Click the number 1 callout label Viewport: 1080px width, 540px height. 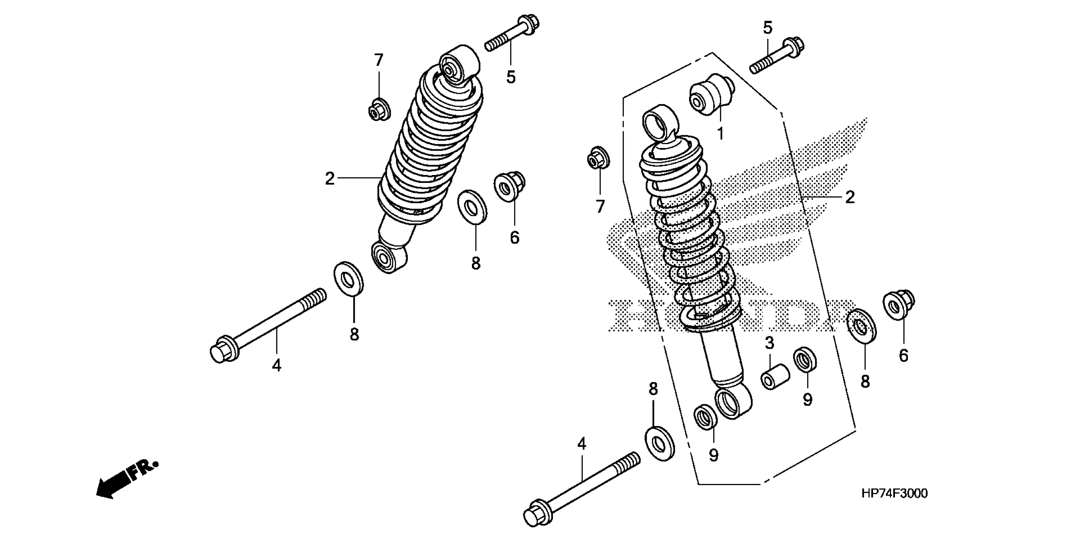coord(720,134)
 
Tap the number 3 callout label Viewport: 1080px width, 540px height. coord(769,343)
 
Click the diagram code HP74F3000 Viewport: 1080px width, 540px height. coord(894,493)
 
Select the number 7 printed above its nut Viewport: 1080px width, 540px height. coord(379,60)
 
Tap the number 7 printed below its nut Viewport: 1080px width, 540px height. coord(600,206)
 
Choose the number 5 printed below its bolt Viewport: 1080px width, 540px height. coord(511,77)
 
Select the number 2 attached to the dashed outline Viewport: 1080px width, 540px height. coord(849,197)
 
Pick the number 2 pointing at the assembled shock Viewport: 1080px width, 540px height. coord(330,179)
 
